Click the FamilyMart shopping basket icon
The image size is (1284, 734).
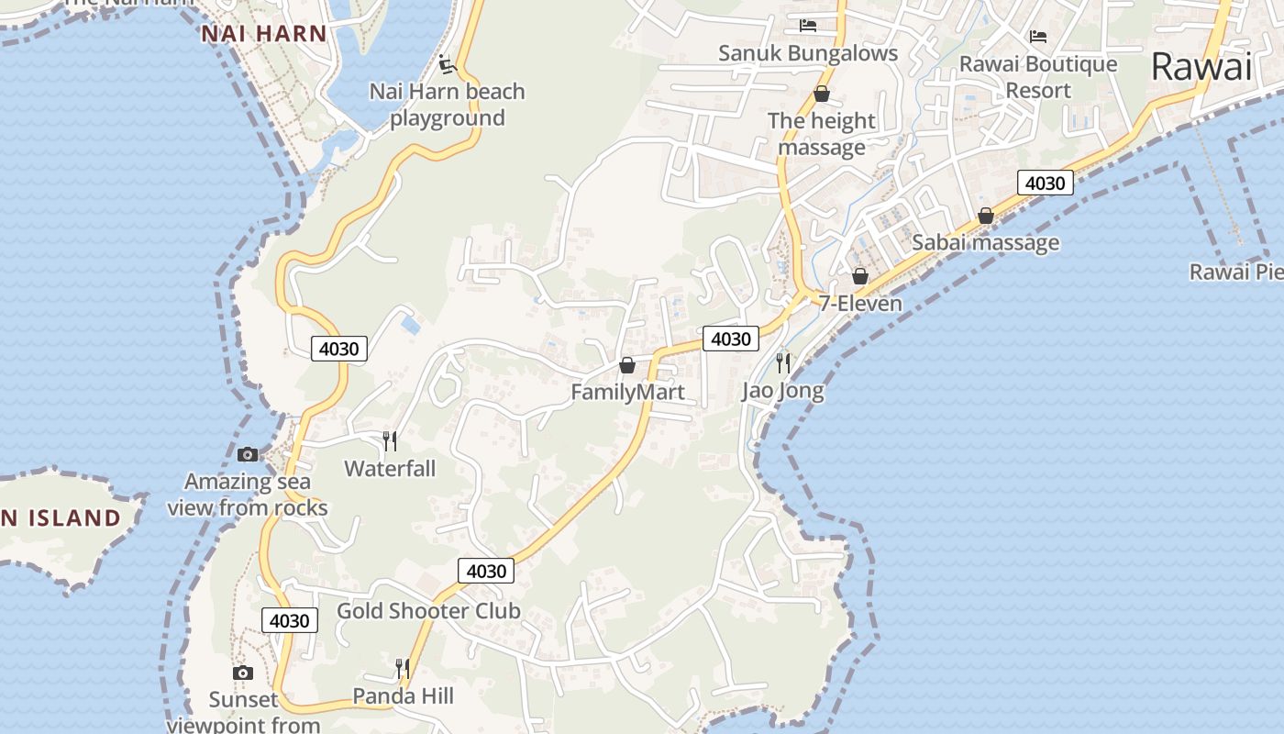click(627, 365)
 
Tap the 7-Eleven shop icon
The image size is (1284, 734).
click(860, 275)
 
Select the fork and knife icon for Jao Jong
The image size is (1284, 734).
click(782, 362)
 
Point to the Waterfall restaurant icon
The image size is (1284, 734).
click(390, 441)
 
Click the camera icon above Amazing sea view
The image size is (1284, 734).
click(248, 454)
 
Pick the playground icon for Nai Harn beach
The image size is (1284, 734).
click(447, 64)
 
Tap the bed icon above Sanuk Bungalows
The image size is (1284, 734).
click(808, 25)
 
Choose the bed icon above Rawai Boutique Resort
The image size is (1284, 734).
click(1038, 37)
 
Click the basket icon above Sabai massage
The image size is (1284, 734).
click(986, 216)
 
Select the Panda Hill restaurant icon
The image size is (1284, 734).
click(403, 668)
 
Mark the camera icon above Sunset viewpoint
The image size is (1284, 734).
click(243, 673)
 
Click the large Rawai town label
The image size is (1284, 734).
click(1201, 66)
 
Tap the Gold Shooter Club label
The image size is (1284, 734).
click(428, 611)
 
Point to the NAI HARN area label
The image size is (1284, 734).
click(264, 34)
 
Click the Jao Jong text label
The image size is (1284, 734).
click(782, 391)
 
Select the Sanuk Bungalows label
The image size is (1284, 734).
click(808, 53)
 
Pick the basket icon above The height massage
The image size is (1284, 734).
click(822, 94)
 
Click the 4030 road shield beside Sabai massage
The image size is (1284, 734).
click(1045, 183)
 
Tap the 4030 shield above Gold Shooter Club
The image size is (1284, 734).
click(485, 571)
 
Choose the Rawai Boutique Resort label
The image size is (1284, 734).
click(1038, 77)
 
